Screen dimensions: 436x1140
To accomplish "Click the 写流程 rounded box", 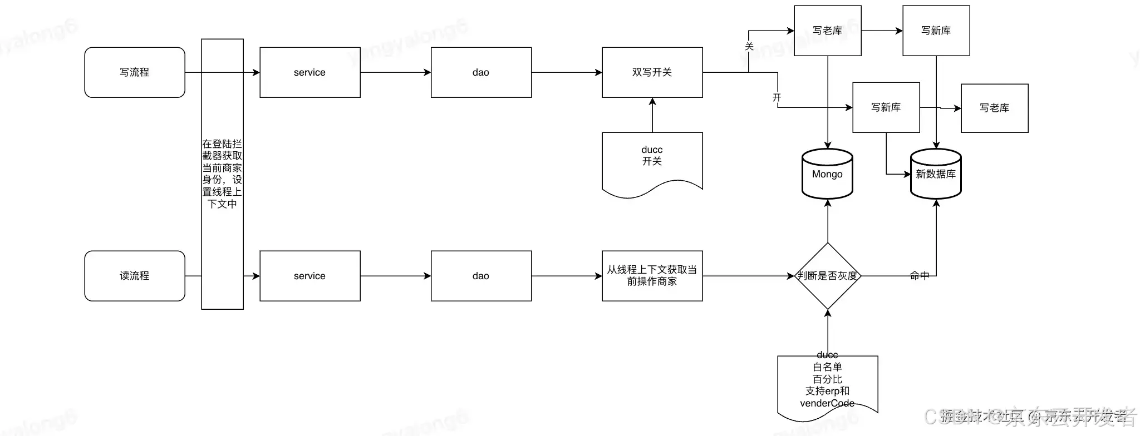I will coord(135,72).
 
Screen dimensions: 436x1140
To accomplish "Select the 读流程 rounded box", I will coord(135,276).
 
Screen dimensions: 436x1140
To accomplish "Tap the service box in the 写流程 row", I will coord(310,72).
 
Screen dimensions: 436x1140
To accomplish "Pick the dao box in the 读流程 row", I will coord(481,276).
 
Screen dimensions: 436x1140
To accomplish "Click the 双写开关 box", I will coord(652,72).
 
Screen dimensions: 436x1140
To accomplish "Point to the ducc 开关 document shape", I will coord(652,161).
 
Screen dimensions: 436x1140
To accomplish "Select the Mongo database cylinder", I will coord(827,174).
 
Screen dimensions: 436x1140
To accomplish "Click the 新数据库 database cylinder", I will coord(936,174).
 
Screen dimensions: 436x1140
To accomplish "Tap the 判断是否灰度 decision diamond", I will coord(828,276).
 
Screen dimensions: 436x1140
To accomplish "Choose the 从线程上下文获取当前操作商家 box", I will coord(652,276).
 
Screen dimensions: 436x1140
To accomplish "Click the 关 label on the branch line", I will coord(749,47).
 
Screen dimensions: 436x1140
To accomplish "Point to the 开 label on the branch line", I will coord(777,97).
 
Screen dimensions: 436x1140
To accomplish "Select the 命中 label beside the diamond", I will coord(919,275).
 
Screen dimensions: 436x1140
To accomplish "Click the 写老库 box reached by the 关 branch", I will coord(828,31).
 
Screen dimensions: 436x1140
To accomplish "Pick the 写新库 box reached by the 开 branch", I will coord(886,107).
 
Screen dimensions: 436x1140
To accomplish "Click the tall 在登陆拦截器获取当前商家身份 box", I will coord(222,174).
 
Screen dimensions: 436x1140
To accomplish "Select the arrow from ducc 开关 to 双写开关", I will coord(652,115).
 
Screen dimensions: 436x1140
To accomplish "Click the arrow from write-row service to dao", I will coord(395,72).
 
